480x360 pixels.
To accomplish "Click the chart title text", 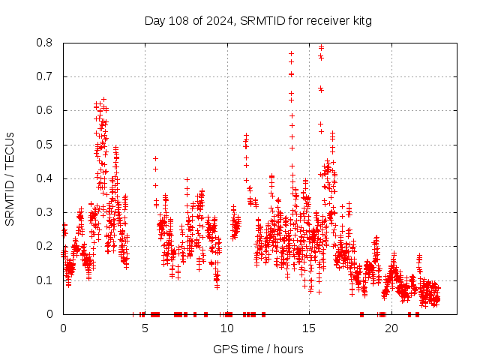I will [258, 20].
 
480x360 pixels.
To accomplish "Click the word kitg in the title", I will [360, 20].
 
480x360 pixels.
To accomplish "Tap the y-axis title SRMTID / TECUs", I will [10, 178].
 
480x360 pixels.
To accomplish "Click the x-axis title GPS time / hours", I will [258, 349].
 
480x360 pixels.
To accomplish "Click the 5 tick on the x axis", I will [145, 328].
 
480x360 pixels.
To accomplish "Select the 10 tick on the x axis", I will [227, 328].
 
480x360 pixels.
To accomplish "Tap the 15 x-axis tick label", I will [309, 328].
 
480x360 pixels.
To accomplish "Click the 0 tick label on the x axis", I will [63, 328].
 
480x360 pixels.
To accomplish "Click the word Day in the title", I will [154, 20].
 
